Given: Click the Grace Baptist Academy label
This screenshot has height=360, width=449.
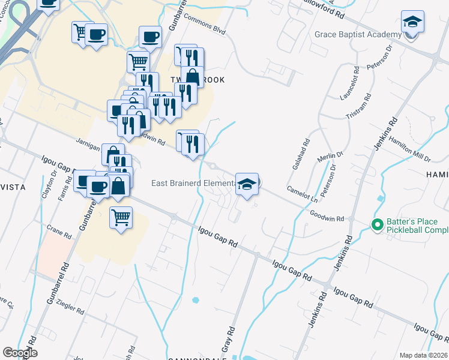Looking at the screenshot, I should pos(357,34).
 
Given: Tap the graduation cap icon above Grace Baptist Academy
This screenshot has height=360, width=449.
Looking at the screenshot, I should pos(412,23).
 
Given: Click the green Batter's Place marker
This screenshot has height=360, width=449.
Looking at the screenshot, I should pos(377,226).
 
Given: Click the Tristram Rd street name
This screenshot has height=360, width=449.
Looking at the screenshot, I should pos(360,107).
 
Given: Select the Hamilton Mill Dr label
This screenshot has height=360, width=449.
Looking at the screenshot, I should pos(409,148).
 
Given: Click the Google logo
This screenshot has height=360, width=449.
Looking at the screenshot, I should pos(20,353).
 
